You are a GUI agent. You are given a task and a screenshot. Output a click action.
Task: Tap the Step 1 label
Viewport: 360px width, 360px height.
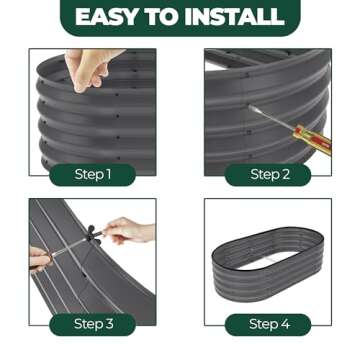click(x=93, y=175)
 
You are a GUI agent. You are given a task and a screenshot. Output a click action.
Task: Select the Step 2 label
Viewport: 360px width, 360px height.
click(x=268, y=175)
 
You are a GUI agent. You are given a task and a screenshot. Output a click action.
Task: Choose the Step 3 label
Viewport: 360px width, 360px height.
click(x=93, y=324)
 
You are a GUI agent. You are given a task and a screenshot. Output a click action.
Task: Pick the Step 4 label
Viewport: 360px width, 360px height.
click(x=268, y=324)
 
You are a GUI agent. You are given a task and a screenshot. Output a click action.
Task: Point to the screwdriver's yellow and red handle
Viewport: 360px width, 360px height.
click(x=313, y=135)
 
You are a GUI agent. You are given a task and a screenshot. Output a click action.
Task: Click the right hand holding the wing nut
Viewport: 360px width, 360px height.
click(x=127, y=230)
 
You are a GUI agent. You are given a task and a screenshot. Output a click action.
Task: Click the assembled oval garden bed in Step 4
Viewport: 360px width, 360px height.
click(x=268, y=263)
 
